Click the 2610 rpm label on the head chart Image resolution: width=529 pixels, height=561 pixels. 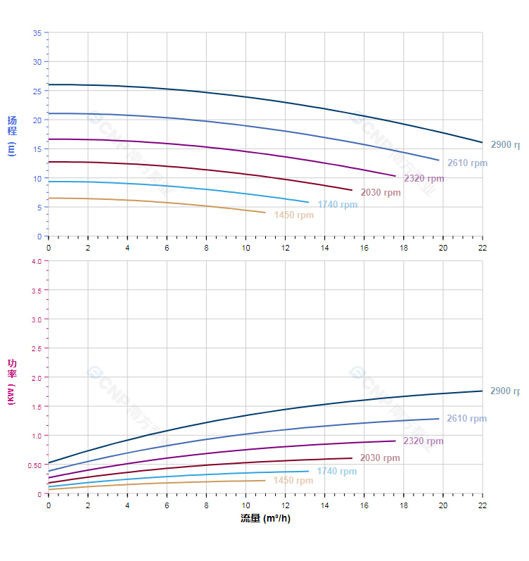pyautogui.click(x=467, y=163)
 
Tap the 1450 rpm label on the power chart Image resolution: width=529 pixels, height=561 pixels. pyautogui.click(x=293, y=481)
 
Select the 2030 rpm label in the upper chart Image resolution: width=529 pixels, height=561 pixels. pyautogui.click(x=381, y=193)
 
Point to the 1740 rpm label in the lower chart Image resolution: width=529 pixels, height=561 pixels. pyautogui.click(x=336, y=472)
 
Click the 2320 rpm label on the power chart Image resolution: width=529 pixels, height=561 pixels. pyautogui.click(x=423, y=441)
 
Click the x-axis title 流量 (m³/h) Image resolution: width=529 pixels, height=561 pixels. pyautogui.click(x=265, y=519)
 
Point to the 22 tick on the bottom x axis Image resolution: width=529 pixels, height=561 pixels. pyautogui.click(x=483, y=505)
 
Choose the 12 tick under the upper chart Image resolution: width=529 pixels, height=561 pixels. pyautogui.click(x=285, y=248)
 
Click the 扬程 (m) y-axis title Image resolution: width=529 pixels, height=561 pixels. pyautogui.click(x=11, y=135)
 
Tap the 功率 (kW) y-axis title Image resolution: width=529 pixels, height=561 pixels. pyautogui.click(x=11, y=382)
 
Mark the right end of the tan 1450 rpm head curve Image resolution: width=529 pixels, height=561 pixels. pyautogui.click(x=265, y=213)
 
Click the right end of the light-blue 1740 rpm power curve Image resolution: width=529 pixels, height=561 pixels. pyautogui.click(x=308, y=471)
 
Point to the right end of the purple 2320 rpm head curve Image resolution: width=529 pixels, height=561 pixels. pyautogui.click(x=395, y=176)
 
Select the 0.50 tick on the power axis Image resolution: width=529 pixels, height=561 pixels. pyautogui.click(x=34, y=465)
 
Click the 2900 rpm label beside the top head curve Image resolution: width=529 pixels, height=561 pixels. pyautogui.click(x=504, y=145)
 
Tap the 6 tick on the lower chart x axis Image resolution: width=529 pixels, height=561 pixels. pyautogui.click(x=167, y=505)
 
